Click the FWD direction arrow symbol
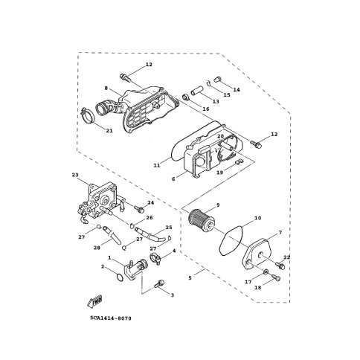94,301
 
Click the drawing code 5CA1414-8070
111,318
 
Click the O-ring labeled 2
120,277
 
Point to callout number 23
75,175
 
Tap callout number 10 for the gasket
258,218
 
